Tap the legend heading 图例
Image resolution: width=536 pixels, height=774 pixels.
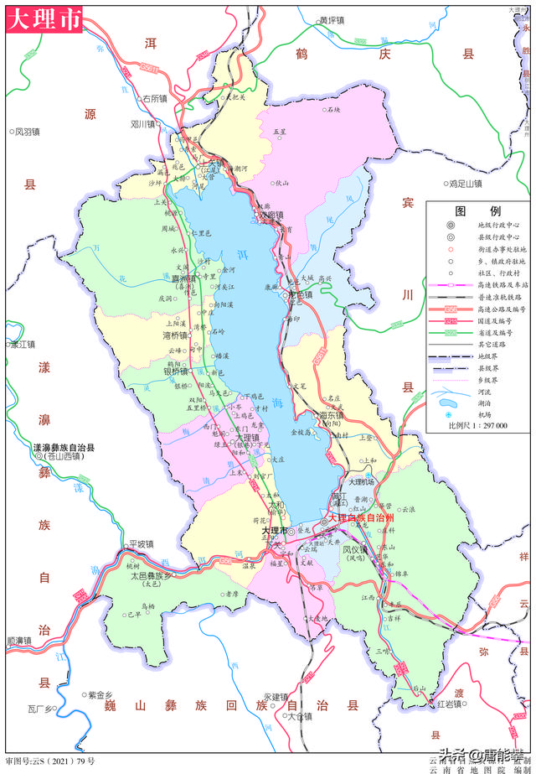tap(477, 210)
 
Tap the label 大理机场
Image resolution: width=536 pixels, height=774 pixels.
tap(364, 482)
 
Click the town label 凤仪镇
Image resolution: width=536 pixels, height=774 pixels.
tap(355, 549)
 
